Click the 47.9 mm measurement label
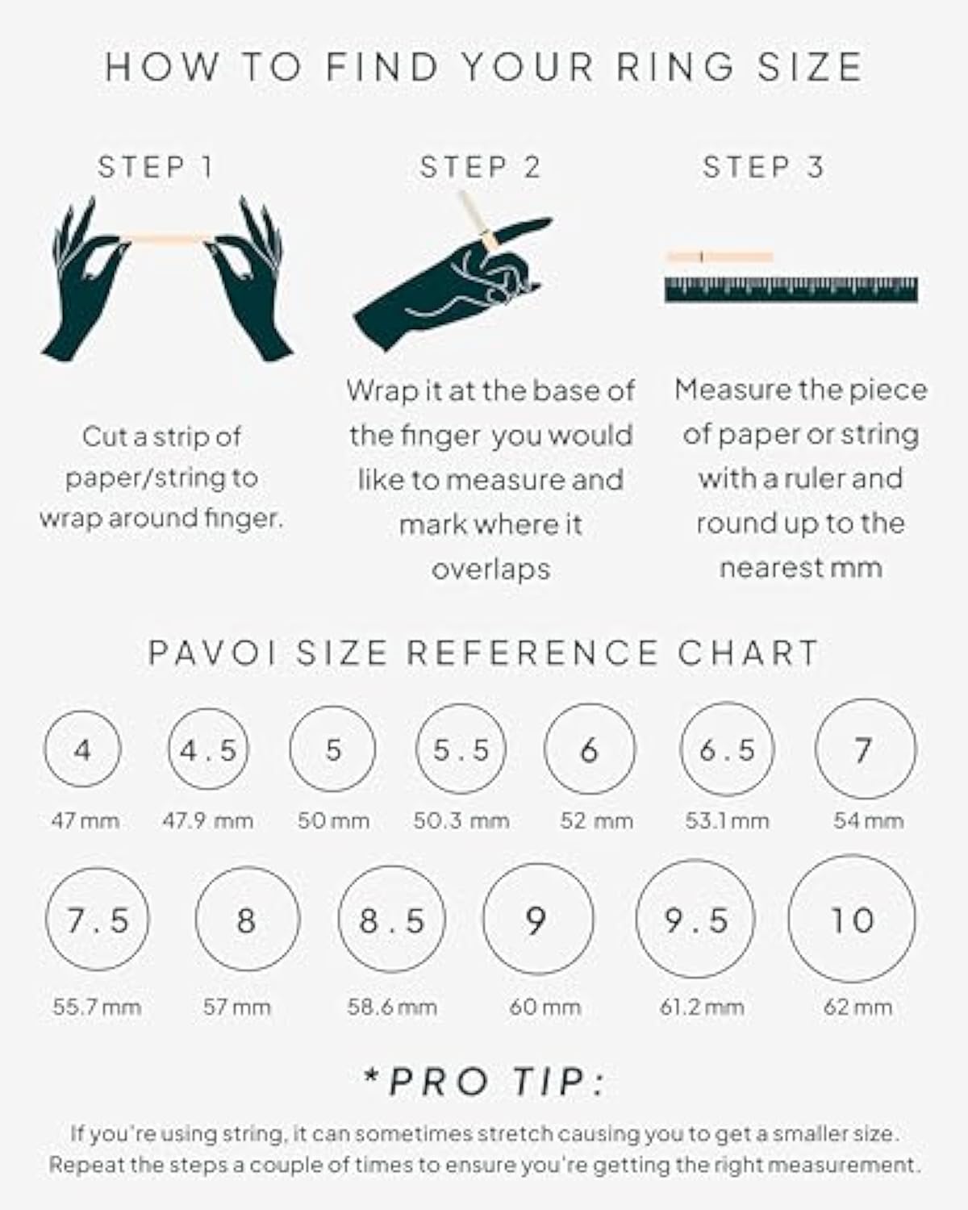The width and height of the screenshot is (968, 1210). click(207, 821)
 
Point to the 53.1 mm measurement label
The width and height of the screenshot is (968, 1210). click(727, 821)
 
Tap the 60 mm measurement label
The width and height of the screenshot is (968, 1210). click(544, 1007)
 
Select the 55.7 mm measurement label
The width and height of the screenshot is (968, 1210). click(97, 1007)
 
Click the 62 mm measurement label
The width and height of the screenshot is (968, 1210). click(857, 1007)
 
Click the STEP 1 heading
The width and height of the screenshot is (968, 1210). click(155, 167)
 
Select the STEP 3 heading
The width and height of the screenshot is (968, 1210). click(763, 167)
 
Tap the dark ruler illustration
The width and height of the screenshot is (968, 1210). click(791, 290)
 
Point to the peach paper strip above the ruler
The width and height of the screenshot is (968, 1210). click(720, 257)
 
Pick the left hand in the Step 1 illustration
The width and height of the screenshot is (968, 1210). click(85, 282)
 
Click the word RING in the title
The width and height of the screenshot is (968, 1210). click(675, 67)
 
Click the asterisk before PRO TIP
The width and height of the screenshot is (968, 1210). click(373, 1076)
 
